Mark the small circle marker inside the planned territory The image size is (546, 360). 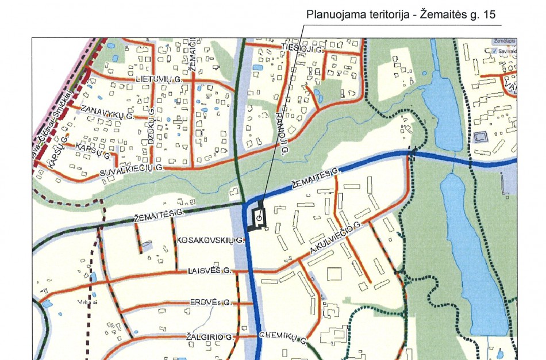(x=259, y=219)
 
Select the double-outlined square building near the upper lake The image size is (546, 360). (x=480, y=137)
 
